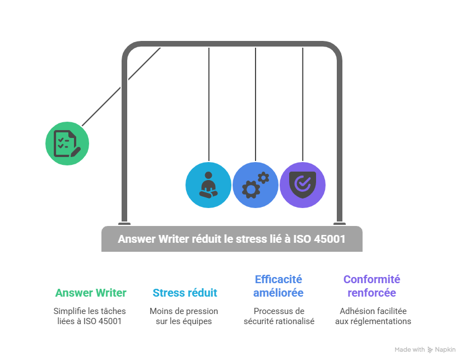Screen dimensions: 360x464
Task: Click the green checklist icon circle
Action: click(x=67, y=144)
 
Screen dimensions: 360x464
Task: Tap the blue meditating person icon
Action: click(x=208, y=185)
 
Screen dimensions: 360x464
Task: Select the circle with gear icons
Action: click(x=255, y=185)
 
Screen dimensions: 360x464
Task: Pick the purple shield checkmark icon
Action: click(x=303, y=185)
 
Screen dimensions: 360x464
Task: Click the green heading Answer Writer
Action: click(x=90, y=293)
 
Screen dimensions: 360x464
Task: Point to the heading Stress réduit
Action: click(x=184, y=293)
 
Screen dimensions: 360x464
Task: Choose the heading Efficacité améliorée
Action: click(x=278, y=286)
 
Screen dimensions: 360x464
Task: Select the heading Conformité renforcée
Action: click(x=372, y=286)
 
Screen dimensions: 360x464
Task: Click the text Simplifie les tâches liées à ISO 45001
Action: click(x=90, y=316)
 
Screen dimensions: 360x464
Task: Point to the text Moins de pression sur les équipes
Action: click(x=184, y=316)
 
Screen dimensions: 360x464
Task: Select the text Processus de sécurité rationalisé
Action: click(x=279, y=316)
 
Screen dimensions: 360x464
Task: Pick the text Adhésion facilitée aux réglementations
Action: click(x=373, y=316)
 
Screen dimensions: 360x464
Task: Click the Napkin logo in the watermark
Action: click(x=430, y=350)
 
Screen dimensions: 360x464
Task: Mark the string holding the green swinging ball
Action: click(x=120, y=87)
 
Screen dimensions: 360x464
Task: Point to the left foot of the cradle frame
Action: click(x=124, y=222)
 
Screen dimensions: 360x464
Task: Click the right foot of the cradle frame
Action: click(x=339, y=222)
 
